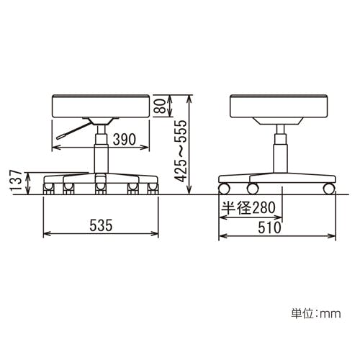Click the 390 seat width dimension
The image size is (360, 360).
coord(125,140)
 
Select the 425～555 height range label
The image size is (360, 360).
coord(180,150)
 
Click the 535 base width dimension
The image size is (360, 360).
coord(101,225)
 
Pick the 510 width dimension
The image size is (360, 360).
coord(269,228)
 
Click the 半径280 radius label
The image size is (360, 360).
coord(248,207)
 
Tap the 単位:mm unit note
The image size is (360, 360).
coord(316,313)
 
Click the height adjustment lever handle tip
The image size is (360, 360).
coord(59,138)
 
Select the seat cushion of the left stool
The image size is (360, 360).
coord(101,106)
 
